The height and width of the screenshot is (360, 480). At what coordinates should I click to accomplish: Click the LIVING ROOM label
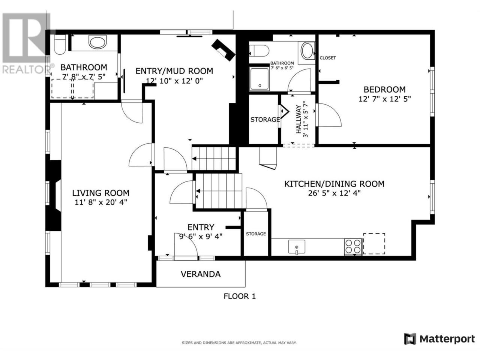(101, 193)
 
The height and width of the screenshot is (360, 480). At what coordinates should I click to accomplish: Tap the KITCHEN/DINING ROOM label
(334, 184)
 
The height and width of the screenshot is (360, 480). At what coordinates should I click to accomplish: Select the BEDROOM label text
(384, 89)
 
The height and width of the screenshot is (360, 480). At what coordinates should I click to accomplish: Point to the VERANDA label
(201, 274)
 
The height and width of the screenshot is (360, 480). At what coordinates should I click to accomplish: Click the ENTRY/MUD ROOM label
(174, 71)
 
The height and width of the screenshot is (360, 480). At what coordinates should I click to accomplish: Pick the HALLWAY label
(298, 119)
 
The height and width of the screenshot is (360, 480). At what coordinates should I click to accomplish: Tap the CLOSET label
(328, 58)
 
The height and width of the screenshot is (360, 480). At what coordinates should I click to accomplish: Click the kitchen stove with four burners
(353, 246)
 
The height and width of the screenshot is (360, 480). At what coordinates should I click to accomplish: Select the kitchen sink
(297, 247)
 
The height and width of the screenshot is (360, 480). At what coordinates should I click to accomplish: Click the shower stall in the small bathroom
(259, 79)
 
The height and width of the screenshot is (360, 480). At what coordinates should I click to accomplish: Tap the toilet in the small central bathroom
(259, 51)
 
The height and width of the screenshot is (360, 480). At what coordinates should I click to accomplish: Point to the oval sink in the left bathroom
(97, 42)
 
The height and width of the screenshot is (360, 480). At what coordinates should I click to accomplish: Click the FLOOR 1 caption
(240, 296)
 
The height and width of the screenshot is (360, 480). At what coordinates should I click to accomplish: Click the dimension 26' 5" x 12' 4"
(334, 193)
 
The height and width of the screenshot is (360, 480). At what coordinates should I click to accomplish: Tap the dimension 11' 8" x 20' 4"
(101, 202)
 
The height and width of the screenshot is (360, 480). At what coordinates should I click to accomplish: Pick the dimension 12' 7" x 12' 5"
(385, 99)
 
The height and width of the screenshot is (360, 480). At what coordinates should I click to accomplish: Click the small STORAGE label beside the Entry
(256, 234)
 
